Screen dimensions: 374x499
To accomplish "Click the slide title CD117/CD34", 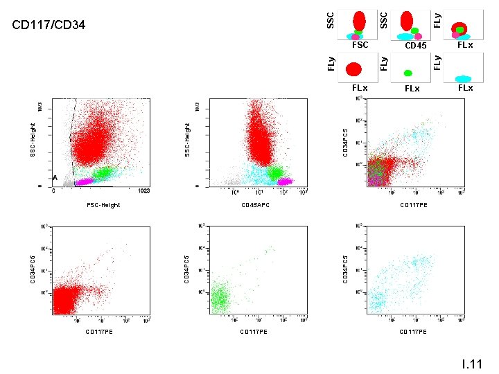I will [49, 26].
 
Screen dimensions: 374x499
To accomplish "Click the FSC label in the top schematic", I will [360, 45].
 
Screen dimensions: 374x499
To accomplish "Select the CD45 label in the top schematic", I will [415, 46].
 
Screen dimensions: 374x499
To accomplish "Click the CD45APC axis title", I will [254, 205].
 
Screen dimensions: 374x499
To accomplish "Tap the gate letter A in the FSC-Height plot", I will [55, 178].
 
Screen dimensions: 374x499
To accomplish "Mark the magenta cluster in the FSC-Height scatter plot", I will [85, 181].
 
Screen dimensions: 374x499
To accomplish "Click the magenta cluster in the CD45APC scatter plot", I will [284, 181].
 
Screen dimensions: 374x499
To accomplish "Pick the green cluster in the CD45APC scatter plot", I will [276, 172].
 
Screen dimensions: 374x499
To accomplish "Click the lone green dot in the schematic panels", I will [408, 73].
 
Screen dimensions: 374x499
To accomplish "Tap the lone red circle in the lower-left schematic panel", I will [353, 69].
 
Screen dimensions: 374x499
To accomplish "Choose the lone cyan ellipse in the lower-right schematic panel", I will [462, 79].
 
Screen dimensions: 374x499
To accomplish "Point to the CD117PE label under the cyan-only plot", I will [413, 332].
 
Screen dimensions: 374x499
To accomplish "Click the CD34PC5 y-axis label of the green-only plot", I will [186, 268].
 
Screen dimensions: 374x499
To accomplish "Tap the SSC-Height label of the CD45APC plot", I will [186, 139].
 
